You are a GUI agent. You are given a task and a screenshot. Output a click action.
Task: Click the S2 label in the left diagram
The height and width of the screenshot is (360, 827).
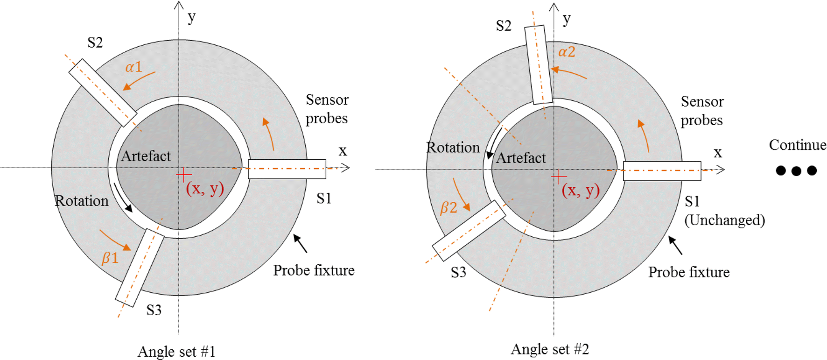pos(95,42)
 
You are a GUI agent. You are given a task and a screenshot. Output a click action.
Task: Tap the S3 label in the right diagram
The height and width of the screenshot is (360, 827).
pos(458,272)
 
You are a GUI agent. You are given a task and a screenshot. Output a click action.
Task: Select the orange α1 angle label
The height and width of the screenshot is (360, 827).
pos(133,67)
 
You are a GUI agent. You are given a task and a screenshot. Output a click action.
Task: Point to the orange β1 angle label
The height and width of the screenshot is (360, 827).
pos(110,258)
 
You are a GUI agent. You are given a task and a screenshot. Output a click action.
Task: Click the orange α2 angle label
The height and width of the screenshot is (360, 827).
pos(567,52)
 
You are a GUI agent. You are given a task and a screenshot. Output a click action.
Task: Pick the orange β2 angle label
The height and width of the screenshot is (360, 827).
pos(449,207)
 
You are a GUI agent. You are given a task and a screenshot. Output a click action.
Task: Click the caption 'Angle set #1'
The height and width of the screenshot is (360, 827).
pos(176,351)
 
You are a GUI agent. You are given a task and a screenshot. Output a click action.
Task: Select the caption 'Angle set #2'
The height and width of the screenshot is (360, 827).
pos(550,349)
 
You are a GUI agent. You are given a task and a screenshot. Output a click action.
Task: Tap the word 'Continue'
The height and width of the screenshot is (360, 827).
pos(797,145)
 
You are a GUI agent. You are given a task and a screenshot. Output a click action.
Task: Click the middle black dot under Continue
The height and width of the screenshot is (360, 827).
pos(796,171)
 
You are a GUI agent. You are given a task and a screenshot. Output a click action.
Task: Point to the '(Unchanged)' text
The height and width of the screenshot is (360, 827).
pos(724,220)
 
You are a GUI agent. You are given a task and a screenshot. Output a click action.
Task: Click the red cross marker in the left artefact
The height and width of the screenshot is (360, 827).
pos(184,175)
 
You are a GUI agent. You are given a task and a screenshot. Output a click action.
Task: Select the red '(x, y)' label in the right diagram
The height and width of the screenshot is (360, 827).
pos(581,190)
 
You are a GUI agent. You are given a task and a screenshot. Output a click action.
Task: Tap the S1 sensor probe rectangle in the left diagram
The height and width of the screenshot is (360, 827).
pos(287,169)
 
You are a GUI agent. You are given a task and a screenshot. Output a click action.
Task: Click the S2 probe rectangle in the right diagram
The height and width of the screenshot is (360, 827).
pos(538,64)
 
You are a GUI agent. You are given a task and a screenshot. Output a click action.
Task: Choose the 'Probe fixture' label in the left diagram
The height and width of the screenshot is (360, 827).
pos(314,270)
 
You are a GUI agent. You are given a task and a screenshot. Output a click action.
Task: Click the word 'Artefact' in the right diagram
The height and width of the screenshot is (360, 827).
pos(520,158)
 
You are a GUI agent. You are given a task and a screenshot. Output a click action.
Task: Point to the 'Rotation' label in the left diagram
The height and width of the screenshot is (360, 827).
pos(82,201)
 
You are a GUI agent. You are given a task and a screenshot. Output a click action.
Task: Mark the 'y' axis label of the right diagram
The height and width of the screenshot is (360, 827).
pos(567,20)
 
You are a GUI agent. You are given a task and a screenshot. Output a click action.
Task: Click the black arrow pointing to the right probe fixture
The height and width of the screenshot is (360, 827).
pos(675,245)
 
